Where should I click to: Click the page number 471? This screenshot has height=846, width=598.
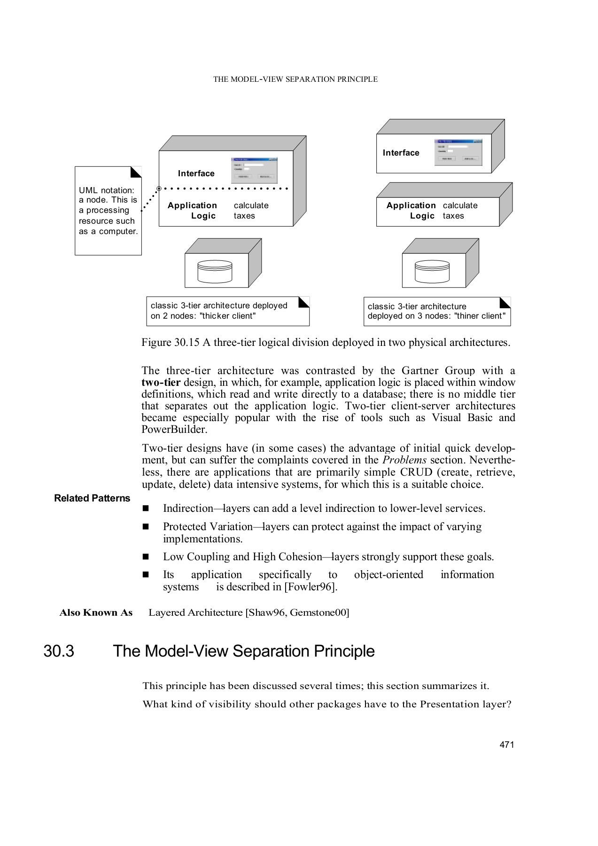click(507, 745)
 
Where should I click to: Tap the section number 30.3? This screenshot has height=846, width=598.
click(59, 651)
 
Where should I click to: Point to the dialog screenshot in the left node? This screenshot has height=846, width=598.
click(254, 170)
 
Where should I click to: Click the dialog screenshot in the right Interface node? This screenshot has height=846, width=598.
click(458, 152)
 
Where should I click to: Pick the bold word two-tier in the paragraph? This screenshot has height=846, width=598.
click(161, 383)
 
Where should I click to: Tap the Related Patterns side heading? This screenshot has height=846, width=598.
click(92, 498)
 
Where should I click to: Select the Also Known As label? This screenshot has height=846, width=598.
click(96, 613)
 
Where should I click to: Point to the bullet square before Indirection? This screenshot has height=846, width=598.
click(146, 509)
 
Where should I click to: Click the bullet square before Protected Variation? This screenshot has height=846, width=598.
click(146, 527)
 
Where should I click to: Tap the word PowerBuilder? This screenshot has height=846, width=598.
click(174, 430)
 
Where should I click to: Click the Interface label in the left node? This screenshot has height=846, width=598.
click(196, 173)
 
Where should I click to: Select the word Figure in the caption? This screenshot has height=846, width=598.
click(156, 343)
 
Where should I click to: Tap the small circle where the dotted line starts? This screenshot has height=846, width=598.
click(159, 188)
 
